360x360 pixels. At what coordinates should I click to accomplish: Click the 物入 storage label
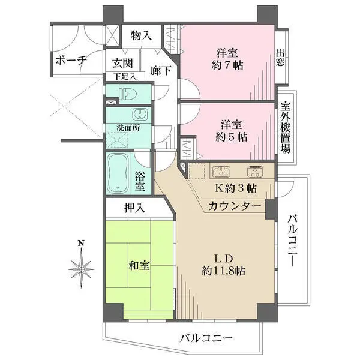(141, 36)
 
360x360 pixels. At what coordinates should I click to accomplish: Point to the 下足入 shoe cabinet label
(125, 77)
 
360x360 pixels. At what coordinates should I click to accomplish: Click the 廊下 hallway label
(161, 70)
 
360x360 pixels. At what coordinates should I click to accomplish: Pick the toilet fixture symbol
(128, 92)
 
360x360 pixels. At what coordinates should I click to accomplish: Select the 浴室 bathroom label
(140, 182)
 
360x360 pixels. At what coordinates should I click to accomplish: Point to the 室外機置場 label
(286, 127)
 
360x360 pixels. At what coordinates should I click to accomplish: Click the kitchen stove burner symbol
(257, 171)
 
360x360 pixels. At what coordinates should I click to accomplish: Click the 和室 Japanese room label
(139, 265)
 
